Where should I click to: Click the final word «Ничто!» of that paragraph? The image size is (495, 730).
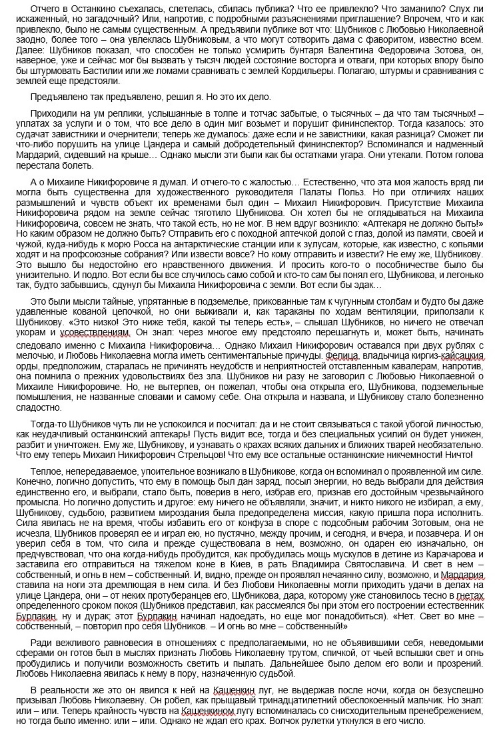[x=458, y=454]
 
